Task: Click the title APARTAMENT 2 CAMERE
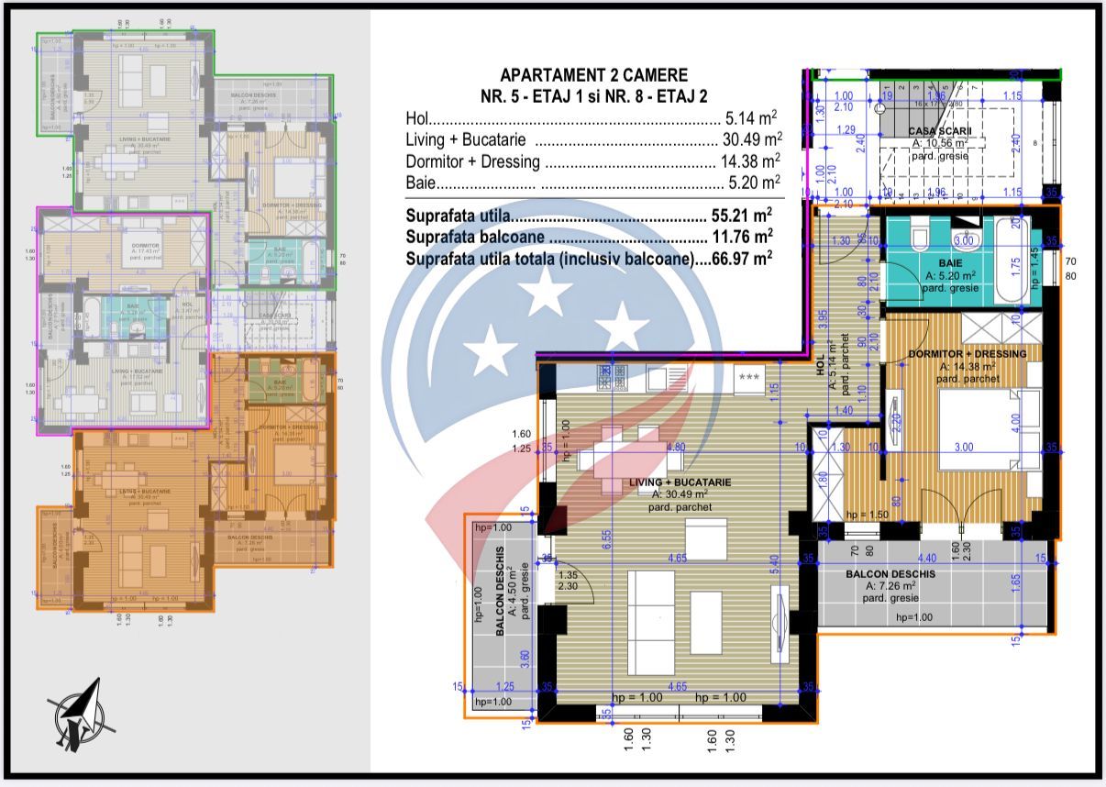tap(592, 75)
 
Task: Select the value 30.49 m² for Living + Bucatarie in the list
tap(748, 140)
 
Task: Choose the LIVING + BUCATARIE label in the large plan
tap(679, 482)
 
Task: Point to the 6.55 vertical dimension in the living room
tap(606, 541)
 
